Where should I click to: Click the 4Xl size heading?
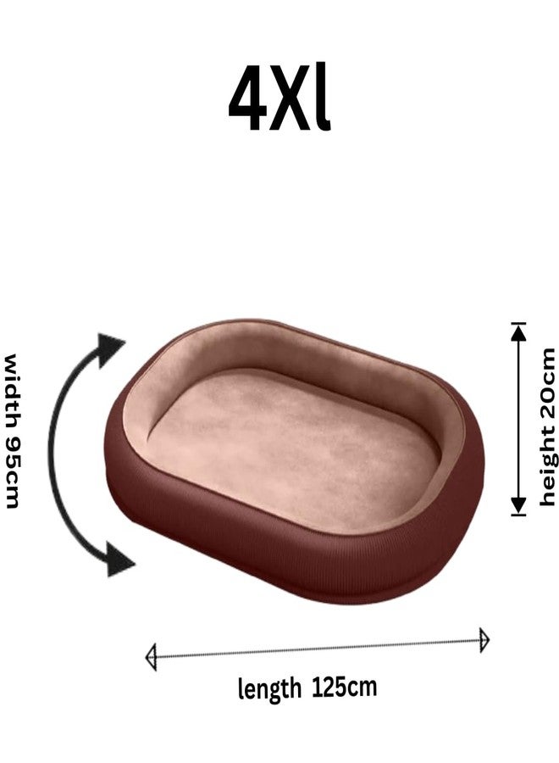pos(279,99)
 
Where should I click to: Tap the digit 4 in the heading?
pos(248,99)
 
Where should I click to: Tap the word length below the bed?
pos(268,688)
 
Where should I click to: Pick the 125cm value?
pos(344,687)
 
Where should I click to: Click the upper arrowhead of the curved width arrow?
pos(110,348)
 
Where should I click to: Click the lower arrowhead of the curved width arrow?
pos(118,560)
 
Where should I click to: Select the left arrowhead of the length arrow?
pos(151,657)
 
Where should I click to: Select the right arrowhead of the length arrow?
pos(484,640)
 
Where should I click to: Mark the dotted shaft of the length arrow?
pos(318,649)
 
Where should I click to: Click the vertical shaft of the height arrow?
pos(518,419)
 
